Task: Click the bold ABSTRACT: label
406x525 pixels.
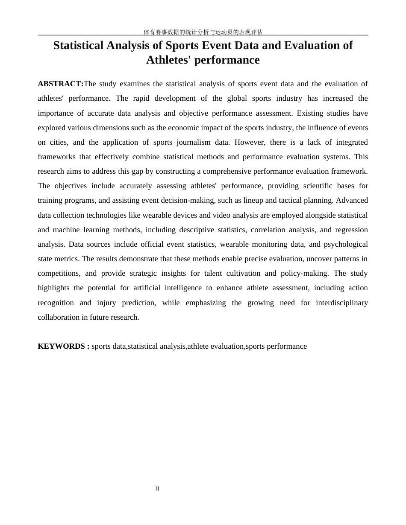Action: pos(60,84)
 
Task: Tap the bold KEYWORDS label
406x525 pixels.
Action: pos(63,346)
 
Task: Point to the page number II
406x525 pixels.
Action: pos(157,488)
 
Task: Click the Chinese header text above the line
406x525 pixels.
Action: pos(203,32)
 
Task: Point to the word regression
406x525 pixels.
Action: pos(351,230)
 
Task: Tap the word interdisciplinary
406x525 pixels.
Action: pos(342,303)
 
